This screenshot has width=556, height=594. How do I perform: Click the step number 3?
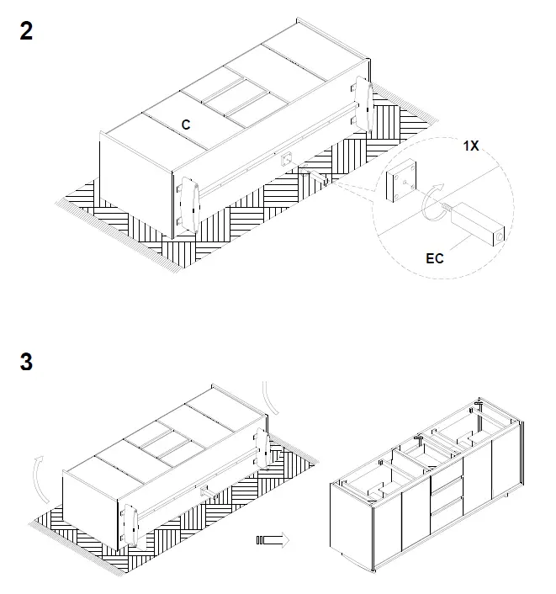point(26,363)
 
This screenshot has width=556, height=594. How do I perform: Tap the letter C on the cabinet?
point(186,124)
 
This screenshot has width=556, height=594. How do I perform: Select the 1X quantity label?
point(470,146)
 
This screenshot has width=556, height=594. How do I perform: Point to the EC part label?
point(434,258)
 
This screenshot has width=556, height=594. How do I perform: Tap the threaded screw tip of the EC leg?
point(447,208)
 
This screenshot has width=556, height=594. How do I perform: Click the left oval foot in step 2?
point(188,204)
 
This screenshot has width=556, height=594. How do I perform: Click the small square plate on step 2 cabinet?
point(287,156)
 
